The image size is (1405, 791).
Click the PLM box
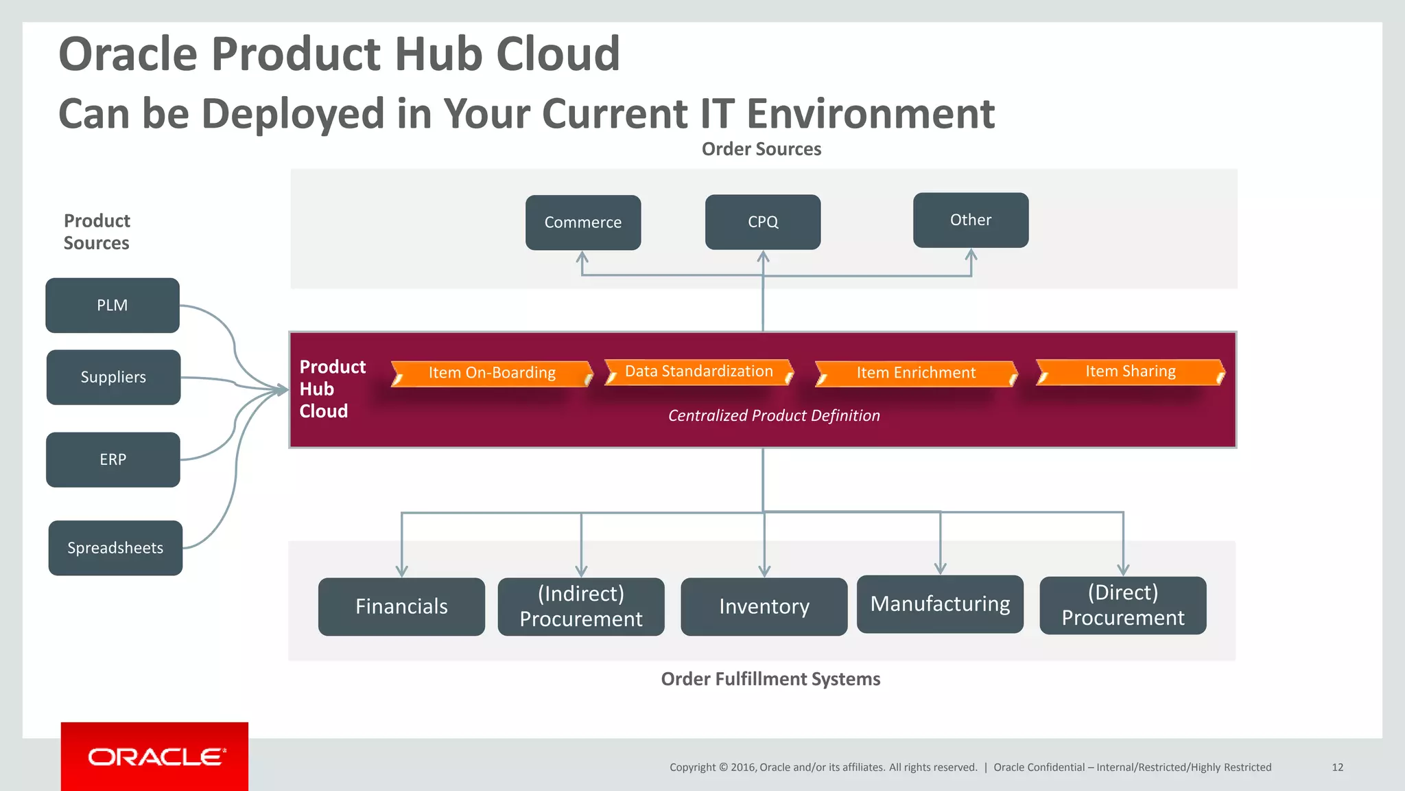[113, 306]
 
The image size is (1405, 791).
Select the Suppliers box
[113, 377]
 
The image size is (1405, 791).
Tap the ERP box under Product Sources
[113, 459]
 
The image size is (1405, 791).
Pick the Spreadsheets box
[115, 548]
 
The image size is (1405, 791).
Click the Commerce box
[583, 222]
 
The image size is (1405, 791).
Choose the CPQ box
[763, 222]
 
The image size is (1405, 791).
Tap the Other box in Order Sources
[971, 220]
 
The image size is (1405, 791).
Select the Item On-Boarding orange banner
[492, 373]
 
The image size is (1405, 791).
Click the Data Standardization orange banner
[698, 371]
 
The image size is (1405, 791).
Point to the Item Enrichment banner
[916, 373]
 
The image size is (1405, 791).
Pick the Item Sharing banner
[1130, 371]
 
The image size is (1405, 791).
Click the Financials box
[401, 606]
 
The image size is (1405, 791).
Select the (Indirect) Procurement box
[581, 606]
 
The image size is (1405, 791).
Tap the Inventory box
[764, 606]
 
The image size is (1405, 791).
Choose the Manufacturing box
[940, 604]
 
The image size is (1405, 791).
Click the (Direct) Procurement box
[1123, 605]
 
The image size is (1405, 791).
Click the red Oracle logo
[154, 757]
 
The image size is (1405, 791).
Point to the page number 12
[1337, 767]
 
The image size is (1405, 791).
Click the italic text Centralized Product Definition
[774, 415]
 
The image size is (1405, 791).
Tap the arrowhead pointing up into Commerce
[582, 257]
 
